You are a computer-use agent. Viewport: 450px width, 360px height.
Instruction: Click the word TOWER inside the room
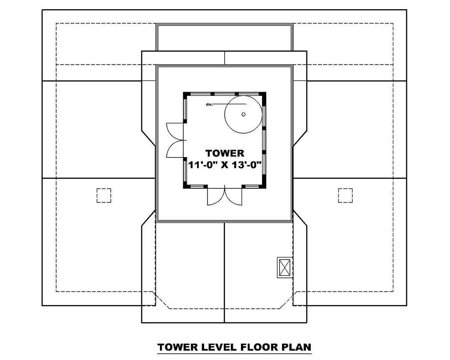225,153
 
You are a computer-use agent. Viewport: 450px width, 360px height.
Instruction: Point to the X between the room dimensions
225,165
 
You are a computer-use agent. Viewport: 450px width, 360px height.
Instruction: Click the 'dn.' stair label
209,104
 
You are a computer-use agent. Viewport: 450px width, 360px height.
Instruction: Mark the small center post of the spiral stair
243,114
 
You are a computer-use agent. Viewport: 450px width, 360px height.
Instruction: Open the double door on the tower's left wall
175,140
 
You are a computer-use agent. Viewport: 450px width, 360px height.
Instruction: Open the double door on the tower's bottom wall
225,196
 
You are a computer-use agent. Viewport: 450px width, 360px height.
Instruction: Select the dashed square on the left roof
104,195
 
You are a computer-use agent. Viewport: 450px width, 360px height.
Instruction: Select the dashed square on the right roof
345,195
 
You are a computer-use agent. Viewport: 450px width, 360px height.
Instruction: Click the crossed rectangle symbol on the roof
285,267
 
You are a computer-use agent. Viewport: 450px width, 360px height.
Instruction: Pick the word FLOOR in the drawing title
256,347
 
